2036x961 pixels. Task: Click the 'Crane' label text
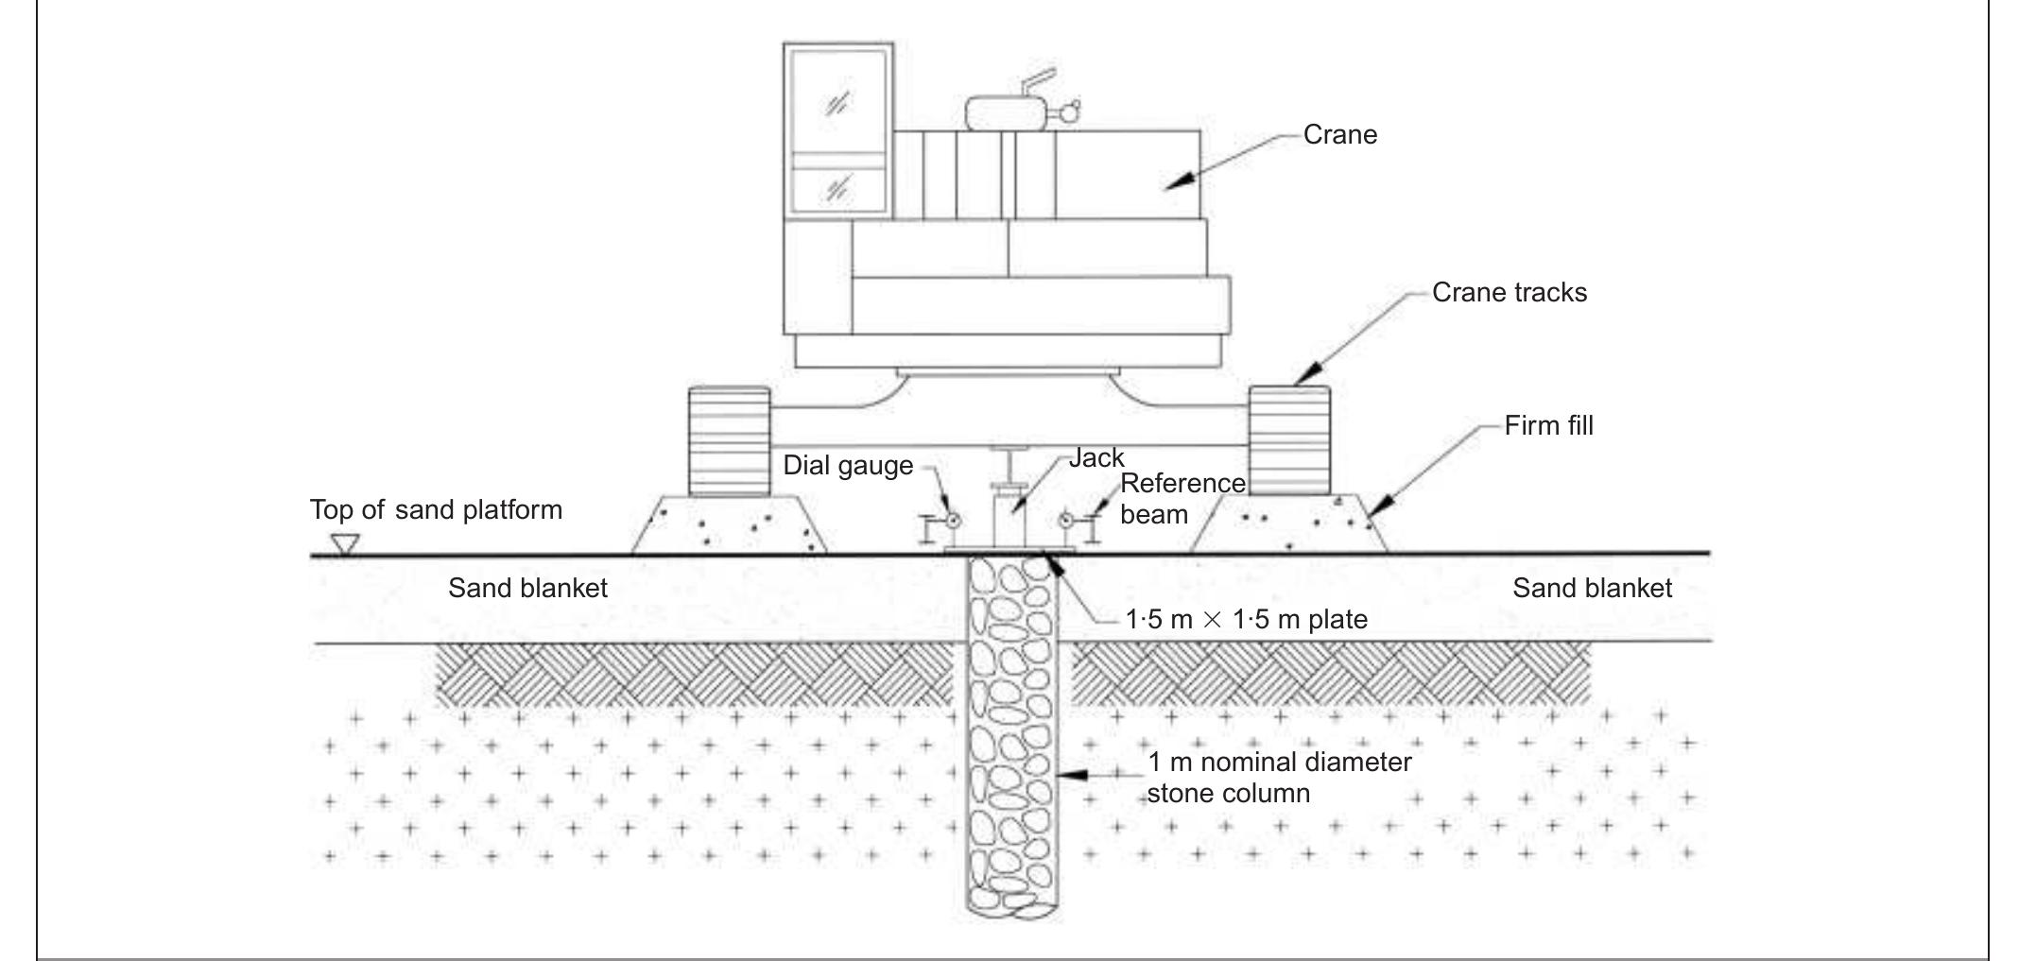tap(1339, 135)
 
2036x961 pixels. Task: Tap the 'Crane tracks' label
tap(1509, 293)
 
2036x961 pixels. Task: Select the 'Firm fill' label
tap(1548, 426)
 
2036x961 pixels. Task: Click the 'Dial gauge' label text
tap(848, 466)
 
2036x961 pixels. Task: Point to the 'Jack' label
tap(1096, 458)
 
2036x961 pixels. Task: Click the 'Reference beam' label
tap(1182, 499)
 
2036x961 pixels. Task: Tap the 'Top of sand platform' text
tap(436, 510)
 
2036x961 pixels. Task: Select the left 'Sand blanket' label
tap(527, 588)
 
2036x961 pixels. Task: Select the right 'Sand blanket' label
tap(1592, 588)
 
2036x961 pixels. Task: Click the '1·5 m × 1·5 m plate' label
tap(1246, 620)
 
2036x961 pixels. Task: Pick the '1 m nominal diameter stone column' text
tap(1278, 778)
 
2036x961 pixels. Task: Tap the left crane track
tap(729, 441)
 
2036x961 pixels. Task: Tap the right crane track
tap(1289, 440)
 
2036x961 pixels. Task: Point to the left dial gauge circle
tap(953, 520)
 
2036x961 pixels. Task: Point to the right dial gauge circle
tap(1066, 520)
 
